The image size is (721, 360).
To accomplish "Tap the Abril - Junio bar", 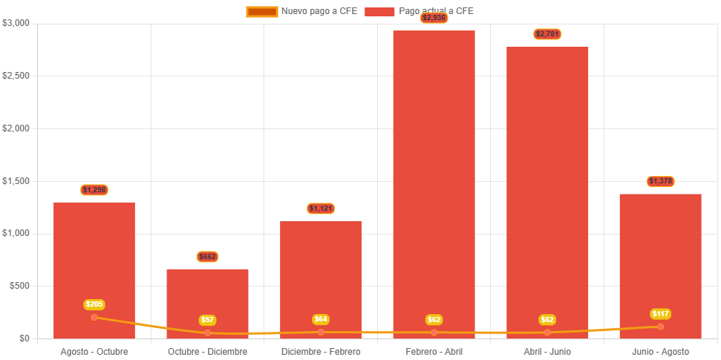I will click(547, 186).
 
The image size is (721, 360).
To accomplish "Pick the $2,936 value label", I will click(434, 18).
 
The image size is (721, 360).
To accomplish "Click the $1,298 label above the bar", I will click(94, 190).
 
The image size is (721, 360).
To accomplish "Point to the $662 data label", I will click(208, 257).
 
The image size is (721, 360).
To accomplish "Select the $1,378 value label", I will click(660, 181).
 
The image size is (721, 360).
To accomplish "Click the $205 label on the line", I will click(94, 304).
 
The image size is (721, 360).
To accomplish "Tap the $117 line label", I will click(660, 314).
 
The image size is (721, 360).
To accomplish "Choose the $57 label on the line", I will click(208, 320).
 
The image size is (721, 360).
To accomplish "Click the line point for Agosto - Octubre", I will click(94, 318).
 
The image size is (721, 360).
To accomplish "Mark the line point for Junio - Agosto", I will click(660, 327).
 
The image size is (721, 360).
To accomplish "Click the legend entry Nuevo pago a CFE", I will click(301, 11).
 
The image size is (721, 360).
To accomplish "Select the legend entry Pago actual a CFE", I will click(420, 11).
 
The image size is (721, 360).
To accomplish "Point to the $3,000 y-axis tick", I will click(16, 23).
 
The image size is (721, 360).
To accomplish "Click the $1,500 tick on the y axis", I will click(16, 181).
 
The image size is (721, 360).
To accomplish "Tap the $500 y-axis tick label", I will click(19, 286).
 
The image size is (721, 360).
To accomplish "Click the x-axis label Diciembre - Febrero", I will click(321, 351).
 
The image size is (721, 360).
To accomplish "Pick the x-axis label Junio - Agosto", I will click(660, 351).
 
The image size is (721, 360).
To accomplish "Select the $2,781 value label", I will click(547, 34).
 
